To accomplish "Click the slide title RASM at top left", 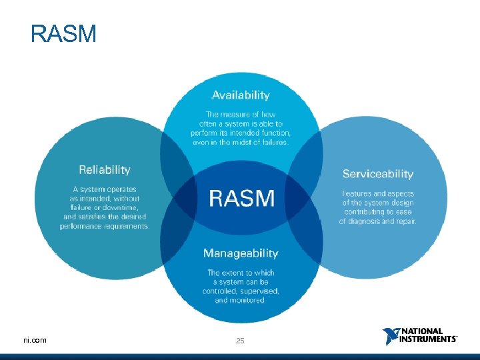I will pyautogui.click(x=63, y=33).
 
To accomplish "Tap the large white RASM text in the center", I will pyautogui.click(x=241, y=198).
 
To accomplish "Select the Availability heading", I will pyautogui.click(x=241, y=95).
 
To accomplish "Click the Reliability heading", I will pyautogui.click(x=105, y=170).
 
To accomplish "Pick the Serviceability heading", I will pyautogui.click(x=378, y=174).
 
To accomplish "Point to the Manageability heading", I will pyautogui.click(x=241, y=253).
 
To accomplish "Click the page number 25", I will pyautogui.click(x=240, y=341).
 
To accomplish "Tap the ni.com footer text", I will pyautogui.click(x=35, y=340).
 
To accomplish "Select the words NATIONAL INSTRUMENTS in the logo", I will pyautogui.click(x=428, y=335).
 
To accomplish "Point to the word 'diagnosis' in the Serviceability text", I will pyautogui.click(x=369, y=221).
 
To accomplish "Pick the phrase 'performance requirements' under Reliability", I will pyautogui.click(x=105, y=226).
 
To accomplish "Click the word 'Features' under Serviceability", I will pyautogui.click(x=357, y=193).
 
